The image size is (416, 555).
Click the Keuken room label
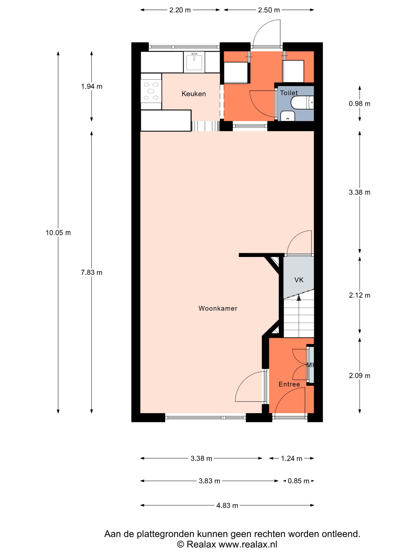(x=194, y=94)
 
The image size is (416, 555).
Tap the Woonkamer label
(x=218, y=308)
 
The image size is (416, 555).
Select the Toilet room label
(x=289, y=93)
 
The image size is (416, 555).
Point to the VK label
(x=299, y=280)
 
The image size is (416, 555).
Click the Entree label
(x=289, y=384)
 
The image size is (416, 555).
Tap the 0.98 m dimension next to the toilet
(x=359, y=104)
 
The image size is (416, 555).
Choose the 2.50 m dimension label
(x=269, y=10)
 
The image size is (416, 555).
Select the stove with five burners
(x=151, y=91)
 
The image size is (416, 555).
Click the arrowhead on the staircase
(x=299, y=298)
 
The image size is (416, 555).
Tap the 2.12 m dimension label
(x=359, y=295)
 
